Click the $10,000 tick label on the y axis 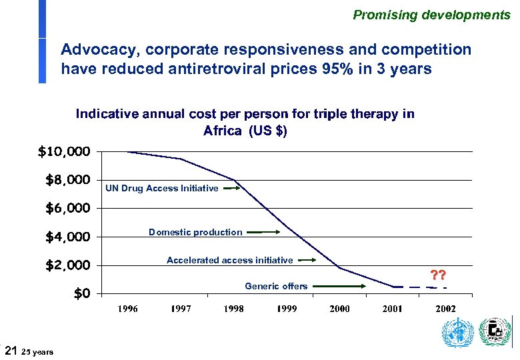click(64, 152)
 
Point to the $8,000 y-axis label click(67, 180)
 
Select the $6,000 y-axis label click(67, 209)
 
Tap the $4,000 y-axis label click(67, 237)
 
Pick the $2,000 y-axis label click(67, 266)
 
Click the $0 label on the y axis click(82, 294)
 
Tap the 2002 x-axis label click(445, 309)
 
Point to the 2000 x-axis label click(339, 309)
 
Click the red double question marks click(438, 275)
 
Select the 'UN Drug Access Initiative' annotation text click(162, 189)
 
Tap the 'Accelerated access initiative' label click(229, 260)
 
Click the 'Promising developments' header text click(431, 15)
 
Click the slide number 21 click(11, 350)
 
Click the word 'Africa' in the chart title click(223, 131)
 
